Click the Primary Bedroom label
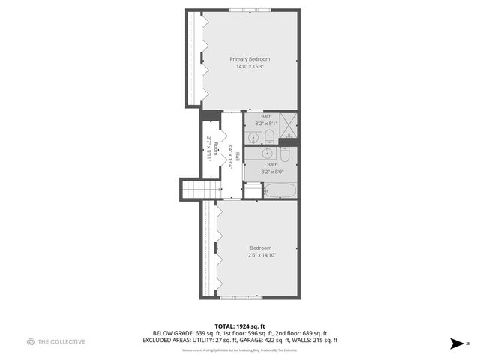pos(250,59)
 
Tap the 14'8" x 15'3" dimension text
pos(250,67)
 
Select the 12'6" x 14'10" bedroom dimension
pos(260,255)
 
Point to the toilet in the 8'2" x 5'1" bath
pos(268,136)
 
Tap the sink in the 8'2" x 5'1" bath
pos(254,137)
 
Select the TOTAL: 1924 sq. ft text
pos(240,326)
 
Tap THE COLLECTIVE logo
pos(55,342)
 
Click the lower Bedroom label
pos(260,247)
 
